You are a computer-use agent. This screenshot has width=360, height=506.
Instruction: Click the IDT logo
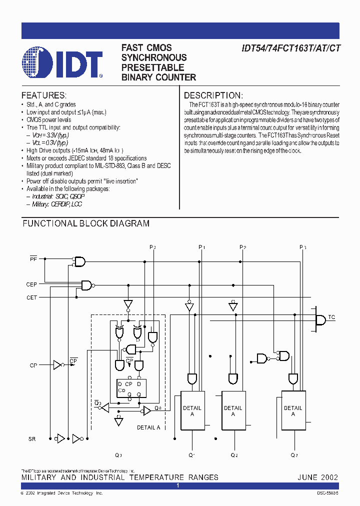62,62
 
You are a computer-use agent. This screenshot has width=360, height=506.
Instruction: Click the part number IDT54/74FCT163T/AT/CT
291,48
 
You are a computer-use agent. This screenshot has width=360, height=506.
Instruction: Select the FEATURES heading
44,95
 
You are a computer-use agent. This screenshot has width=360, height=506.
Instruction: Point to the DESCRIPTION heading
213,95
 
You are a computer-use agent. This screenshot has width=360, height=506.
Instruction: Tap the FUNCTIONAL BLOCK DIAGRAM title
86,223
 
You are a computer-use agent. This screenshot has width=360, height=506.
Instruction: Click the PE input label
33,258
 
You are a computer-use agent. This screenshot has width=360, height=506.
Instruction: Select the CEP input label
31,284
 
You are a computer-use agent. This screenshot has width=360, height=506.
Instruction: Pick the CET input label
31,297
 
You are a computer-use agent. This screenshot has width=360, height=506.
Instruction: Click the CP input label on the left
33,365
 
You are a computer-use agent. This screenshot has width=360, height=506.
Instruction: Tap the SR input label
32,438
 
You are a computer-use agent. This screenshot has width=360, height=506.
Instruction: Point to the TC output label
332,317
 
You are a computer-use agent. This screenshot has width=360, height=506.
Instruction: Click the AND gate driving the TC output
320,318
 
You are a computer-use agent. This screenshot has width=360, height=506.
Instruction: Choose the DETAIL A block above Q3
293,410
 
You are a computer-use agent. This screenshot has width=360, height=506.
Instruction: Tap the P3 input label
302,247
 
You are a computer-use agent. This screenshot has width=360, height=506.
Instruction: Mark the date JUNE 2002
317,477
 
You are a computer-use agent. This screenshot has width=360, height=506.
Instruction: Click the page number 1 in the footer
178,485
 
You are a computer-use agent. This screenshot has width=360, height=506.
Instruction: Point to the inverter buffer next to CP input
58,364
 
